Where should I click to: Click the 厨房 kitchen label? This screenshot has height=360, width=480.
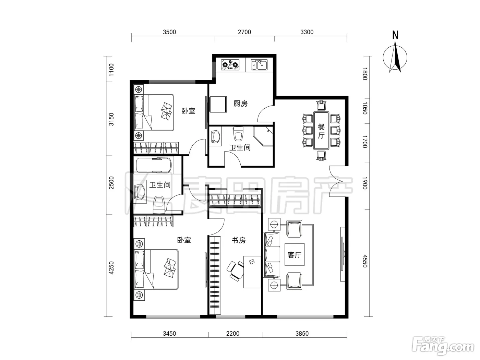coord(240,104)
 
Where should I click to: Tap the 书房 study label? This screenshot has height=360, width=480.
coord(239,240)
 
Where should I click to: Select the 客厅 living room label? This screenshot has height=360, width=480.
coord(294,255)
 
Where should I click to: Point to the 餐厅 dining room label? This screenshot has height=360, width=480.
coord(321,131)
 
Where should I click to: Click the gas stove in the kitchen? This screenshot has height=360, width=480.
coord(230,65)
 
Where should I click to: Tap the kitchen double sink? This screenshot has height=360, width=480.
coord(259,65)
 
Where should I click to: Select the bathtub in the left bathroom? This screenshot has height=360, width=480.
coord(154,165)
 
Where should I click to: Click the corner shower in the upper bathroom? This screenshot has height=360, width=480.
coord(263,136)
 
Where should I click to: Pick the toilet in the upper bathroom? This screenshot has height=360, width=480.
coord(238,134)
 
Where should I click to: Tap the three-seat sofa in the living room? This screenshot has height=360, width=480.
coord(272,255)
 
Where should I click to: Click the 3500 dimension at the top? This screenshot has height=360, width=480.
coord(169,32)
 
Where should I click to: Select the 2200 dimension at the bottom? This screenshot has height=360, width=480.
coord(233,334)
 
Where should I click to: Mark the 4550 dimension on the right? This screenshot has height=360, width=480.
coord(365,261)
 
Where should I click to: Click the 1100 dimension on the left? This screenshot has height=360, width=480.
coord(111,70)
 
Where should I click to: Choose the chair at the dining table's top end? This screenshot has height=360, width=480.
coord(321,105)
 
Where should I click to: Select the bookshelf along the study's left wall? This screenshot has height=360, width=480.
coord(215,275)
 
